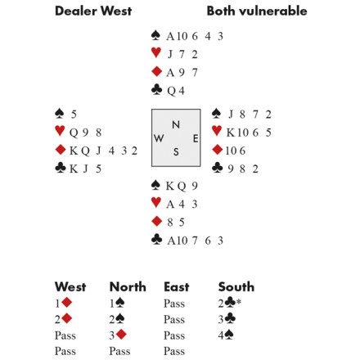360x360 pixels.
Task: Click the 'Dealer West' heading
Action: [x=93, y=11]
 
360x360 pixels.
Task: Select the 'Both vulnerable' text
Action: [x=257, y=11]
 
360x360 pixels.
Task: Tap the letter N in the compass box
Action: [x=176, y=124]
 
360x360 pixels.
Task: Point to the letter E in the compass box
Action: [x=196, y=138]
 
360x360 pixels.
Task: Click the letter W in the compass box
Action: [x=159, y=138]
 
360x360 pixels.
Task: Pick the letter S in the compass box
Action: [x=176, y=151]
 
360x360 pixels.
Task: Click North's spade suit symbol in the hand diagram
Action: [x=155, y=35]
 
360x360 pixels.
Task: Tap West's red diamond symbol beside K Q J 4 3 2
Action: [x=61, y=150]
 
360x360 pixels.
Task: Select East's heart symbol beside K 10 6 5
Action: [x=217, y=131]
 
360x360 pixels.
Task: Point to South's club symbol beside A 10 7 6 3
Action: [x=156, y=240]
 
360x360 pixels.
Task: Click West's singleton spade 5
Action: [x=74, y=115]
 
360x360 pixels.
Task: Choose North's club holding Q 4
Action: [x=176, y=91]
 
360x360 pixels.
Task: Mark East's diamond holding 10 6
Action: [x=236, y=151]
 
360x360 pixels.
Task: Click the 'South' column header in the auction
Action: [x=236, y=287]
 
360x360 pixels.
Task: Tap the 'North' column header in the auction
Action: [x=128, y=287]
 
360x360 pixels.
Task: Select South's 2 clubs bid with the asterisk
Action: [x=230, y=303]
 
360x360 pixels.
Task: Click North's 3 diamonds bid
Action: [x=118, y=335]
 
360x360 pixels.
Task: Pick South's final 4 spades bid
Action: [x=226, y=335]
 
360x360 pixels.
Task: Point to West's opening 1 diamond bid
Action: [x=63, y=303]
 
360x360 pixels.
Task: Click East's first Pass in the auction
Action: [x=174, y=304]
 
